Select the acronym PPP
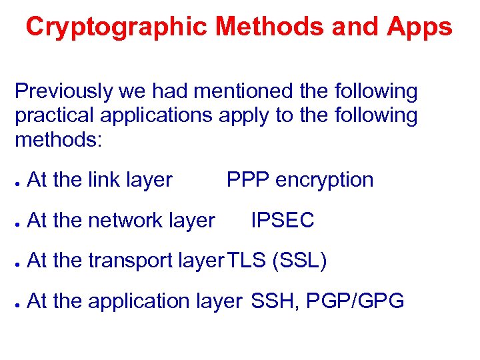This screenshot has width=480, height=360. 248,180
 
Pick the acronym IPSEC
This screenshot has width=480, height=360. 282,221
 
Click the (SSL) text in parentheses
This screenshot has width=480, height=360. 299,261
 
